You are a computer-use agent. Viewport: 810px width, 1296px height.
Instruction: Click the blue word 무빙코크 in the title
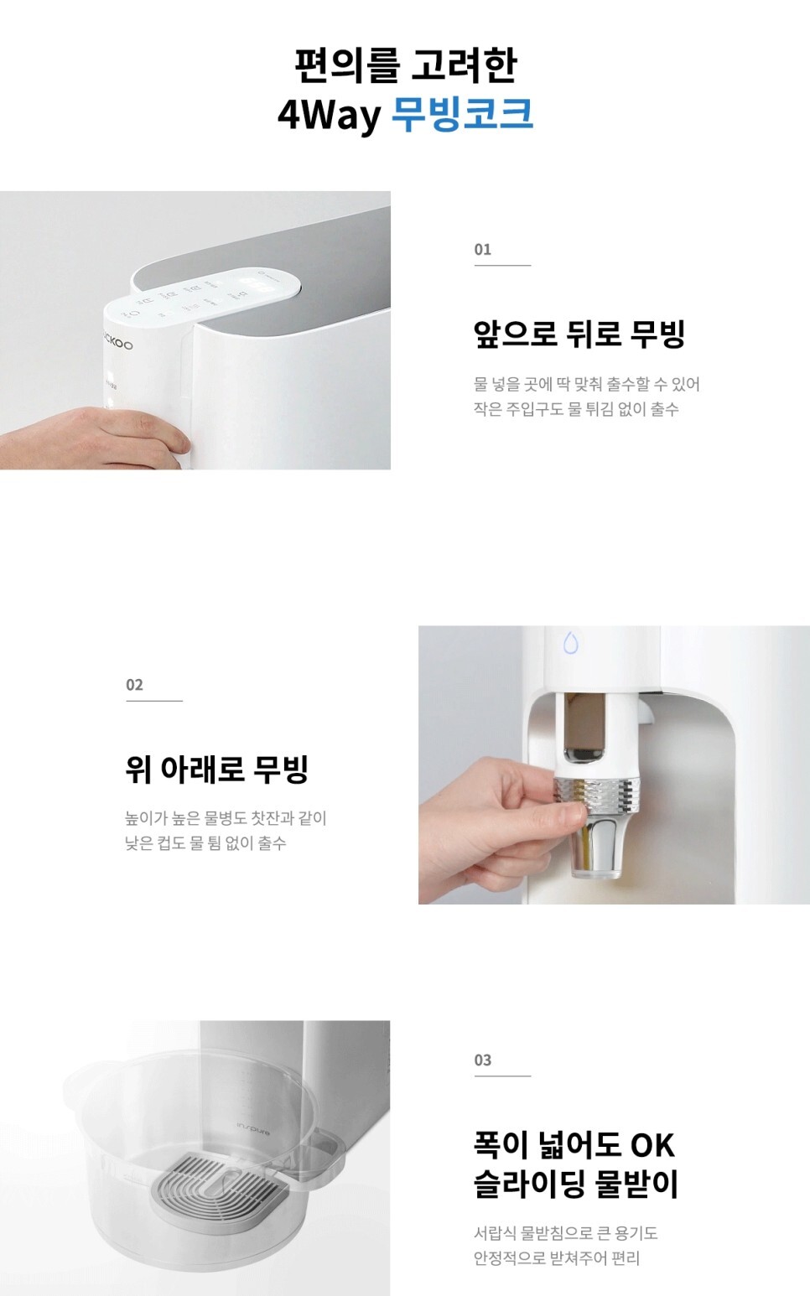[x=462, y=115]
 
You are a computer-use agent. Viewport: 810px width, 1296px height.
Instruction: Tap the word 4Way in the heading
[x=328, y=116]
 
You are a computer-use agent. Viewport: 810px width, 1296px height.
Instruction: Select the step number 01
[x=482, y=249]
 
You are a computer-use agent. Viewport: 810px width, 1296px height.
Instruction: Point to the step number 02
[x=134, y=685]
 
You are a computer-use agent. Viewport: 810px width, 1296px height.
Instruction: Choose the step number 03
[x=482, y=1060]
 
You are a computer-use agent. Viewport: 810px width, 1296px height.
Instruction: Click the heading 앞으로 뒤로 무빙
[x=579, y=334]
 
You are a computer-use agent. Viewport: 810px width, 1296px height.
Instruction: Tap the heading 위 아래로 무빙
[x=217, y=769]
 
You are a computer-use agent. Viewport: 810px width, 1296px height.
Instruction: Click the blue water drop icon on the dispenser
[x=571, y=642]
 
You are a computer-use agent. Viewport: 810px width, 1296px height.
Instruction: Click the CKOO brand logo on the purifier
[x=118, y=344]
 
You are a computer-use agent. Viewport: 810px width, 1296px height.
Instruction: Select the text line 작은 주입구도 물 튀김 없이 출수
[x=576, y=409]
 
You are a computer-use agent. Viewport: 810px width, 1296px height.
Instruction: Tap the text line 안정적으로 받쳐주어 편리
[x=557, y=1257]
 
